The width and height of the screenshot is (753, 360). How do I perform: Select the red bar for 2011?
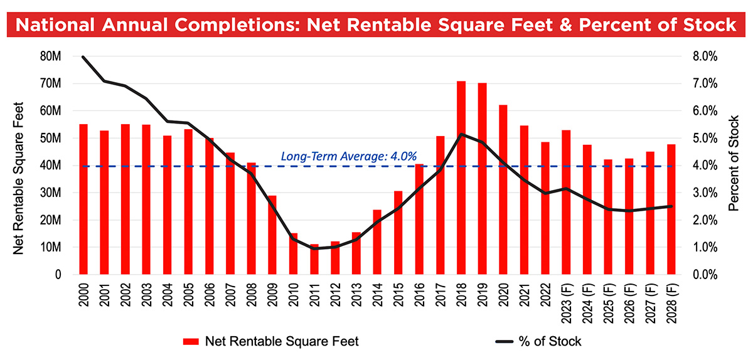(x=314, y=260)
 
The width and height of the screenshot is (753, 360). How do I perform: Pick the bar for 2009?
(x=272, y=235)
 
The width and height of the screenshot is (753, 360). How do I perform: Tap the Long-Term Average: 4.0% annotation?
(x=348, y=156)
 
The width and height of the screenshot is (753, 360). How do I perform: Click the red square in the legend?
(x=191, y=342)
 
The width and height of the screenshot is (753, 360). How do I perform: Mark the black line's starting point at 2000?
(x=83, y=56)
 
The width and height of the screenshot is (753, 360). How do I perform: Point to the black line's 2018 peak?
(x=461, y=134)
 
